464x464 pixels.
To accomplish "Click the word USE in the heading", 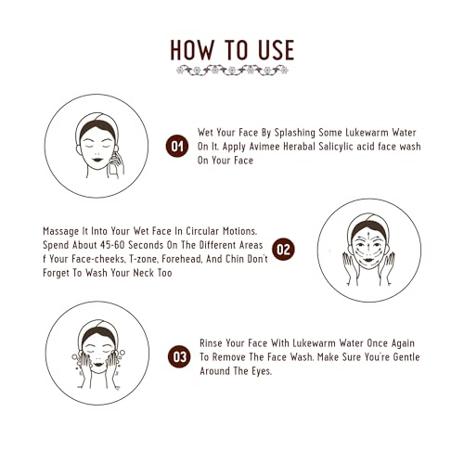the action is (x=277, y=50).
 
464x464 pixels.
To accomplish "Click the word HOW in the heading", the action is (x=192, y=50).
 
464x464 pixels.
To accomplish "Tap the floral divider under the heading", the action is (x=232, y=70).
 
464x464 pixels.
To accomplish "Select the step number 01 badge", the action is (x=177, y=146).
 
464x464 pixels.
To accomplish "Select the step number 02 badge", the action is (x=283, y=249).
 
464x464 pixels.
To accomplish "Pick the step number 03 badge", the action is (x=179, y=356).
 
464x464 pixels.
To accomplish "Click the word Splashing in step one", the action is (x=295, y=133).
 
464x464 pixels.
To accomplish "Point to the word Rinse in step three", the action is (x=211, y=343).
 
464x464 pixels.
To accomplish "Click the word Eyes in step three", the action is (x=262, y=371).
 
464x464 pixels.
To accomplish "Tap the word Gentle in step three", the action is (x=406, y=357).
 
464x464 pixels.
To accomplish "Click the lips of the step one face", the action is (x=97, y=160).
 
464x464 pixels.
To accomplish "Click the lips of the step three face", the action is (x=98, y=364).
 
